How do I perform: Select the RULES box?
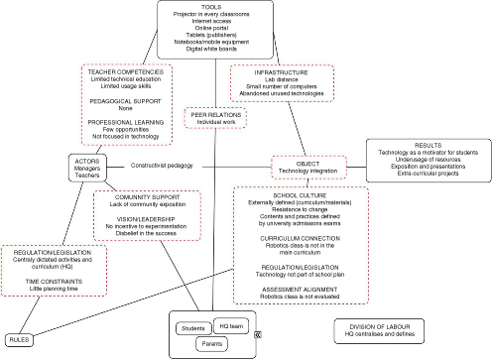[x=19, y=340]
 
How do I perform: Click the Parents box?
[x=212, y=343]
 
